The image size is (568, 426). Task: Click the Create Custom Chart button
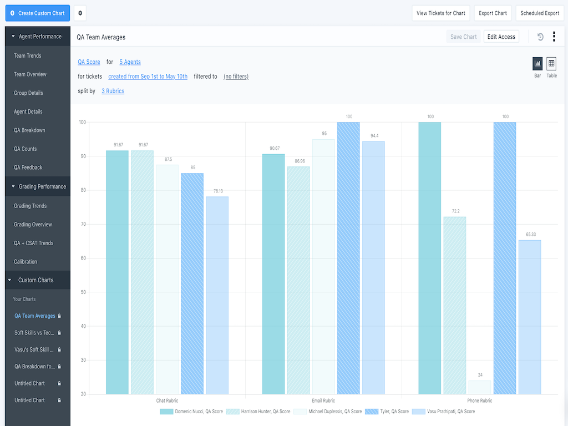(x=38, y=13)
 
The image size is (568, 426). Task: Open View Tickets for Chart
(x=441, y=13)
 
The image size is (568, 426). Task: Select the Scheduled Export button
(x=540, y=13)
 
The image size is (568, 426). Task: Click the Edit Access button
(x=501, y=37)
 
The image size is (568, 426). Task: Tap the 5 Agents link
(x=130, y=62)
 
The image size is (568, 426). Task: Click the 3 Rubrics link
(x=113, y=91)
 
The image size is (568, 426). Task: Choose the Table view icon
(x=551, y=64)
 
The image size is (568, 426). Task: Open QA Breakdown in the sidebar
(x=29, y=130)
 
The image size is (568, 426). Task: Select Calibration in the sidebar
(x=26, y=262)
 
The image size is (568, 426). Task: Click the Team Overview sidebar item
(x=30, y=74)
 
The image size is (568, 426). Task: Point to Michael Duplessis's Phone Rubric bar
(x=480, y=387)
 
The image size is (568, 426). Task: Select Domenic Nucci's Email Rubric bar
(x=273, y=274)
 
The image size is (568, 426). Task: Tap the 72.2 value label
(x=455, y=211)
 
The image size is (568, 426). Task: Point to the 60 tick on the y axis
(x=83, y=258)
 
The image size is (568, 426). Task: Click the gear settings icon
(x=80, y=13)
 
